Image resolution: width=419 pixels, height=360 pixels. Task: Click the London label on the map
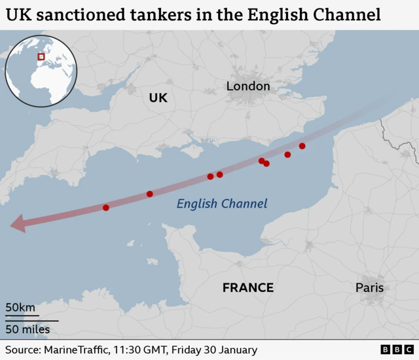[247, 86]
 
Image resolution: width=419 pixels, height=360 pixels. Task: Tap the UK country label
[158, 98]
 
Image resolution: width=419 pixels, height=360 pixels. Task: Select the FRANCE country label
[247, 288]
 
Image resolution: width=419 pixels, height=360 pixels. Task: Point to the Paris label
[369, 288]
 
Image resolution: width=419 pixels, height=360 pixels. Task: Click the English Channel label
[222, 204]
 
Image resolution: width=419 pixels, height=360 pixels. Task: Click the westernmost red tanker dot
[106, 207]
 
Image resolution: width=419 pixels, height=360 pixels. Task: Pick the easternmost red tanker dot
[302, 146]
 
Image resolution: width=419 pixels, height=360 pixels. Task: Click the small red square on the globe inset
[41, 57]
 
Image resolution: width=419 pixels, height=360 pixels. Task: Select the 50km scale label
[20, 308]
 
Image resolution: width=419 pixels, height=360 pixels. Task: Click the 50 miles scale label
[27, 329]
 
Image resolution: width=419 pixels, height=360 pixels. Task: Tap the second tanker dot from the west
[150, 194]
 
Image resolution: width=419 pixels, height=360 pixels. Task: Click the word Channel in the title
[348, 14]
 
